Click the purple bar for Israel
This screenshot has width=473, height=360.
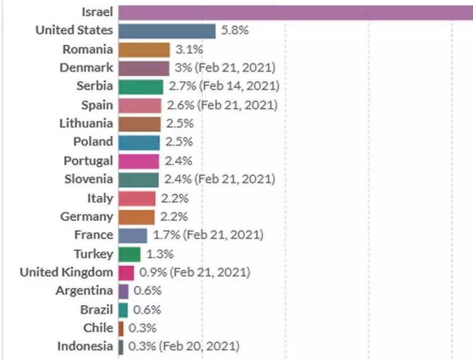(296, 12)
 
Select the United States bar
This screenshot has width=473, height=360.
(167, 31)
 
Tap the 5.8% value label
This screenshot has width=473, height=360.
(235, 30)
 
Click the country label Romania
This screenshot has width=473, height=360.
(88, 49)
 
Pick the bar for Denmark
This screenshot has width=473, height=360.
(144, 68)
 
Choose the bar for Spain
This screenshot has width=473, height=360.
(140, 105)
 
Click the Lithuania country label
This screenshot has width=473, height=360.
(86, 123)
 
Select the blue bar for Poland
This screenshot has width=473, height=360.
(139, 142)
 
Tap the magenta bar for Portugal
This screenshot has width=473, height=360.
(139, 161)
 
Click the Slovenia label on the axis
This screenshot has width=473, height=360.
(89, 179)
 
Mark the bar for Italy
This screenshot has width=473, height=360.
(137, 198)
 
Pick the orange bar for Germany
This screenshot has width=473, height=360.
(137, 217)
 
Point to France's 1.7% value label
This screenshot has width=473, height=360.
(165, 235)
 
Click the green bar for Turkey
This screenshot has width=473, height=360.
(129, 254)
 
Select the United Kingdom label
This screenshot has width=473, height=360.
(67, 272)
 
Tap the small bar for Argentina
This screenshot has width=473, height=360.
(123, 290)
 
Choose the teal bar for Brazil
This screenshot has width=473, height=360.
(123, 310)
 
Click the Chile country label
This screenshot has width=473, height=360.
(99, 328)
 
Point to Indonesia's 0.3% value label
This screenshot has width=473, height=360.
(142, 346)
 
